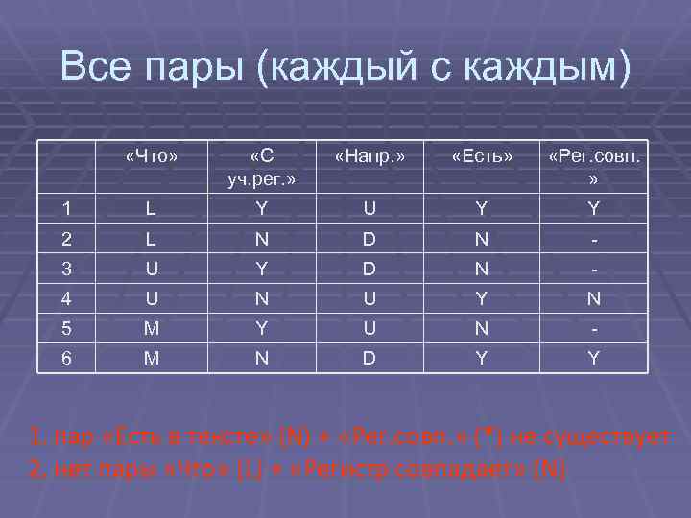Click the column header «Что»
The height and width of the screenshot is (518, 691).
coord(153,155)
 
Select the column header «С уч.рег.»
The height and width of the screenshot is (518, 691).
coord(260,166)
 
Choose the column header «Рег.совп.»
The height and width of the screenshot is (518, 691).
coord(594,166)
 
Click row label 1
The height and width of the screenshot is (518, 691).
coord(65,208)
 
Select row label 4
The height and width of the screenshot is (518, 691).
coord(65,298)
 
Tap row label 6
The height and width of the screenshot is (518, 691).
coord(65,358)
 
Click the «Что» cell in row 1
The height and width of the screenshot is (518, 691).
coord(152,208)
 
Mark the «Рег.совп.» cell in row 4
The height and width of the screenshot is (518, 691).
coord(594,298)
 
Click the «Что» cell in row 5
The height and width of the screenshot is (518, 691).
coord(152,328)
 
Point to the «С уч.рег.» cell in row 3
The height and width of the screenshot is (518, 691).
coord(260,269)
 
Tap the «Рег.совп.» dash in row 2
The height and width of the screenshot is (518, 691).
coord(594,238)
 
